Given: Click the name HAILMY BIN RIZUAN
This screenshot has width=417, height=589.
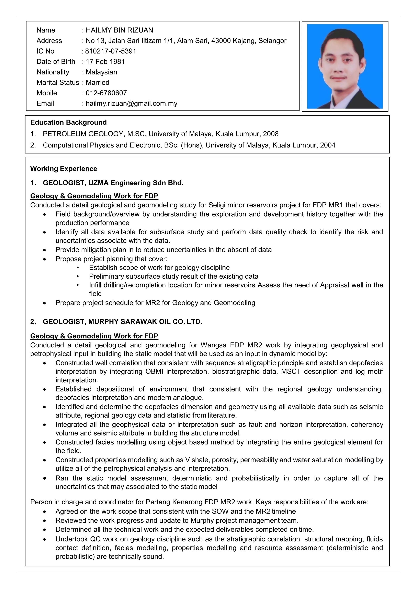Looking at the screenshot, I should coord(119,30).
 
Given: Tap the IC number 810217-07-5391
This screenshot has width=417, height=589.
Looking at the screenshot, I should coord(111,51).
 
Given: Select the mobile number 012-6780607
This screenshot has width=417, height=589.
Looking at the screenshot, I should coord(106,93).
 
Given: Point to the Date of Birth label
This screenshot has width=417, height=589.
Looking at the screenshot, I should coord(56,62).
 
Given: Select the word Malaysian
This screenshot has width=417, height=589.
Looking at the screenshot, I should coord(101,72).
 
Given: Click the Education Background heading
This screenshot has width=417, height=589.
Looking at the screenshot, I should coord(68,122).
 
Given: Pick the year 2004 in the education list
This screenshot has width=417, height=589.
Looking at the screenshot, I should coord(328,145).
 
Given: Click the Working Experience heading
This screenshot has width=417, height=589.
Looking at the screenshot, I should coord(64,169).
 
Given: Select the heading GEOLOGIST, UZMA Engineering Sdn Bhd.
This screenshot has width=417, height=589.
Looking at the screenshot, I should coord(113,183).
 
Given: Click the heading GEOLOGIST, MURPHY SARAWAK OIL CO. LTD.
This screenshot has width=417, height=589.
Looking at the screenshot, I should coord(123,322).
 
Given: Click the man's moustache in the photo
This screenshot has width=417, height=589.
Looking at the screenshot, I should coord(338,77).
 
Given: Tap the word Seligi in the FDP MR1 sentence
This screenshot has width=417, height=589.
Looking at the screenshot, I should coord(217,205).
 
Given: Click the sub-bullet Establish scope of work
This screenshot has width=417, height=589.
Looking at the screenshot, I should coord(159,268).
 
